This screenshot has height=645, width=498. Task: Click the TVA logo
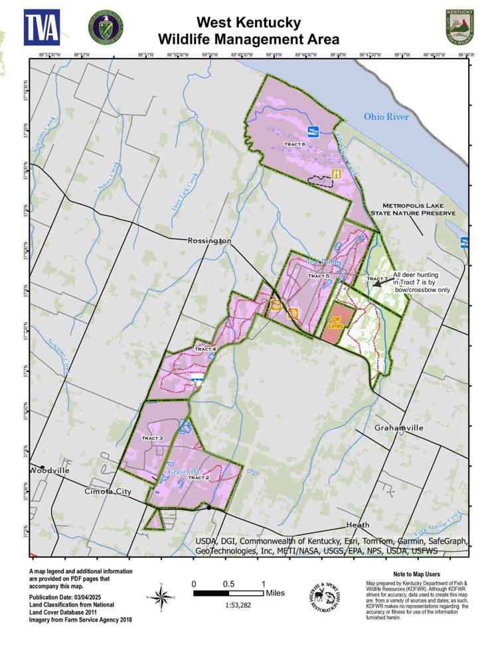pyautogui.click(x=42, y=27)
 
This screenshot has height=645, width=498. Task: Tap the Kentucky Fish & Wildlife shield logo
pyautogui.click(x=459, y=27)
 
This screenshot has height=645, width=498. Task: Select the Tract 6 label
pyautogui.click(x=294, y=143)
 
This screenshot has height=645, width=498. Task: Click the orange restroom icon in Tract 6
pyautogui.click(x=337, y=174)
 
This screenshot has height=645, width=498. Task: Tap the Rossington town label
pyautogui.click(x=209, y=240)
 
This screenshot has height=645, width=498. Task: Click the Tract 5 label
pyautogui.click(x=318, y=276)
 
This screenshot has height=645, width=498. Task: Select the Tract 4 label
pyautogui.click(x=205, y=349)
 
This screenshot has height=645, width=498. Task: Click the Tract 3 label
pyautogui.click(x=152, y=438)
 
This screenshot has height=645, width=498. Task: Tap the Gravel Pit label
pyautogui.click(x=180, y=472)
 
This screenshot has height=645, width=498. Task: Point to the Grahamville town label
pyautogui.click(x=398, y=428)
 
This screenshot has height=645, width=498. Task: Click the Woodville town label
pyautogui.click(x=49, y=470)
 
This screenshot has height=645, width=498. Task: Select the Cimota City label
pyautogui.click(x=108, y=492)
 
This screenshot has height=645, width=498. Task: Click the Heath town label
pyautogui.click(x=357, y=525)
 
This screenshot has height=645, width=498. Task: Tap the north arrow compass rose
pyautogui.click(x=161, y=595)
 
